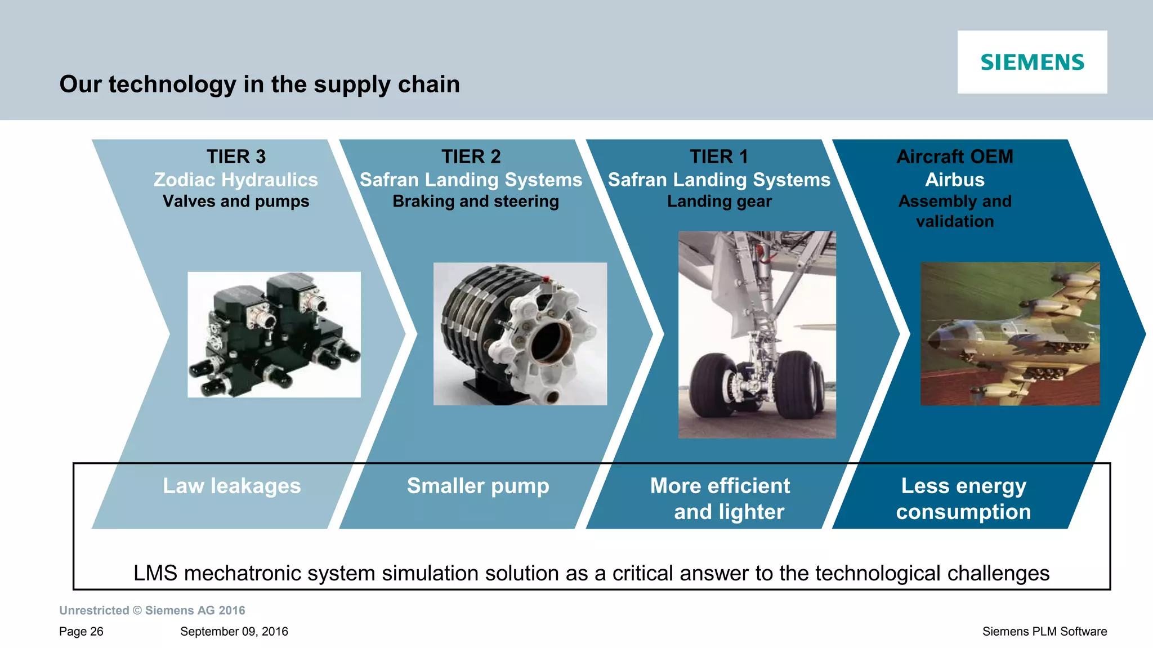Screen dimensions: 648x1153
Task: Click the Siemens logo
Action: click(x=1032, y=62)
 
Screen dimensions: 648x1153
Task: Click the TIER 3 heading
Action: click(x=236, y=157)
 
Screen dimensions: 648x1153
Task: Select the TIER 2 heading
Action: click(x=471, y=157)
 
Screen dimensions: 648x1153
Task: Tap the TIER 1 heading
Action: click(x=719, y=157)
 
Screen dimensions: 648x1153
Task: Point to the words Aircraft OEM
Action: click(x=955, y=157)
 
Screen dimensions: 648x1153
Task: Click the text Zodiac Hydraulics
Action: click(x=236, y=180)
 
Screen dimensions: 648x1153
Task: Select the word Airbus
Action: click(x=955, y=180)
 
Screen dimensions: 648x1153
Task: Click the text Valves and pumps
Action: click(x=236, y=202)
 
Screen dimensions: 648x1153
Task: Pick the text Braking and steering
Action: click(x=476, y=202)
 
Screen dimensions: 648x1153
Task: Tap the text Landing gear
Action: click(x=719, y=202)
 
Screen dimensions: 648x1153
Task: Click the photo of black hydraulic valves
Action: click(x=274, y=335)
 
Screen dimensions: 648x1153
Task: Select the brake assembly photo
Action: click(x=520, y=334)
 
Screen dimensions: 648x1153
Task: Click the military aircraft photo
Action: click(x=1009, y=334)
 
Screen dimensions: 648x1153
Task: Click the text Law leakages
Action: click(x=232, y=486)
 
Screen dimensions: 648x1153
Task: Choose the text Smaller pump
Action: click(x=478, y=486)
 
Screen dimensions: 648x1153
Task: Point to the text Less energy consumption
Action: click(x=963, y=499)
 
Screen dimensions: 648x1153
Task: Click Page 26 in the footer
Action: click(x=81, y=632)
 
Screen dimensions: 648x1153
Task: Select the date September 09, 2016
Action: click(x=234, y=632)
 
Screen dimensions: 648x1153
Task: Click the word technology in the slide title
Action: click(x=172, y=84)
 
